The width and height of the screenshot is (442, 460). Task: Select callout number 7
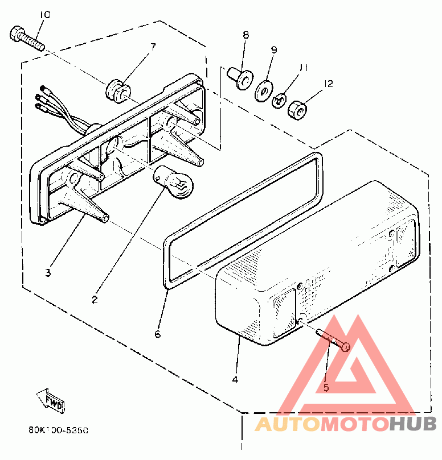tap(153, 46)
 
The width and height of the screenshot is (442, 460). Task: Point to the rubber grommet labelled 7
tap(117, 90)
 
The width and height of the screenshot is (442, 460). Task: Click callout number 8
tap(245, 35)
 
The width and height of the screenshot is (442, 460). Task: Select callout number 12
tap(328, 84)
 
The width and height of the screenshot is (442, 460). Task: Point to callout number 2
tap(95, 297)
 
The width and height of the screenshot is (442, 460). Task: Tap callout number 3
tap(48, 272)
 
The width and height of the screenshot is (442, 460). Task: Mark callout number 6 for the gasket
tap(158, 334)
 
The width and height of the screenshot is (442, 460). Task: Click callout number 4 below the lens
tap(235, 379)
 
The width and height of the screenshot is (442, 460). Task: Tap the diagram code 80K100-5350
tap(58, 431)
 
